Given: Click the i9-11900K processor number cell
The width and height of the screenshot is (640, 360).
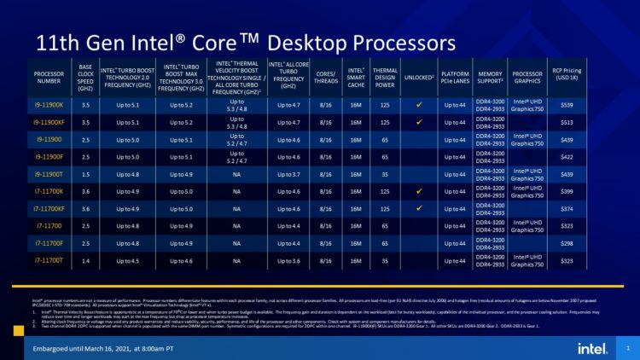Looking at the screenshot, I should [x=49, y=104].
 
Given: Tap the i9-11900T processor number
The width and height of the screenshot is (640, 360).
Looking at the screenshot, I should [x=49, y=173].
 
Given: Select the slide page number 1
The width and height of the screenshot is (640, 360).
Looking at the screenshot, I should [x=627, y=348].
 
